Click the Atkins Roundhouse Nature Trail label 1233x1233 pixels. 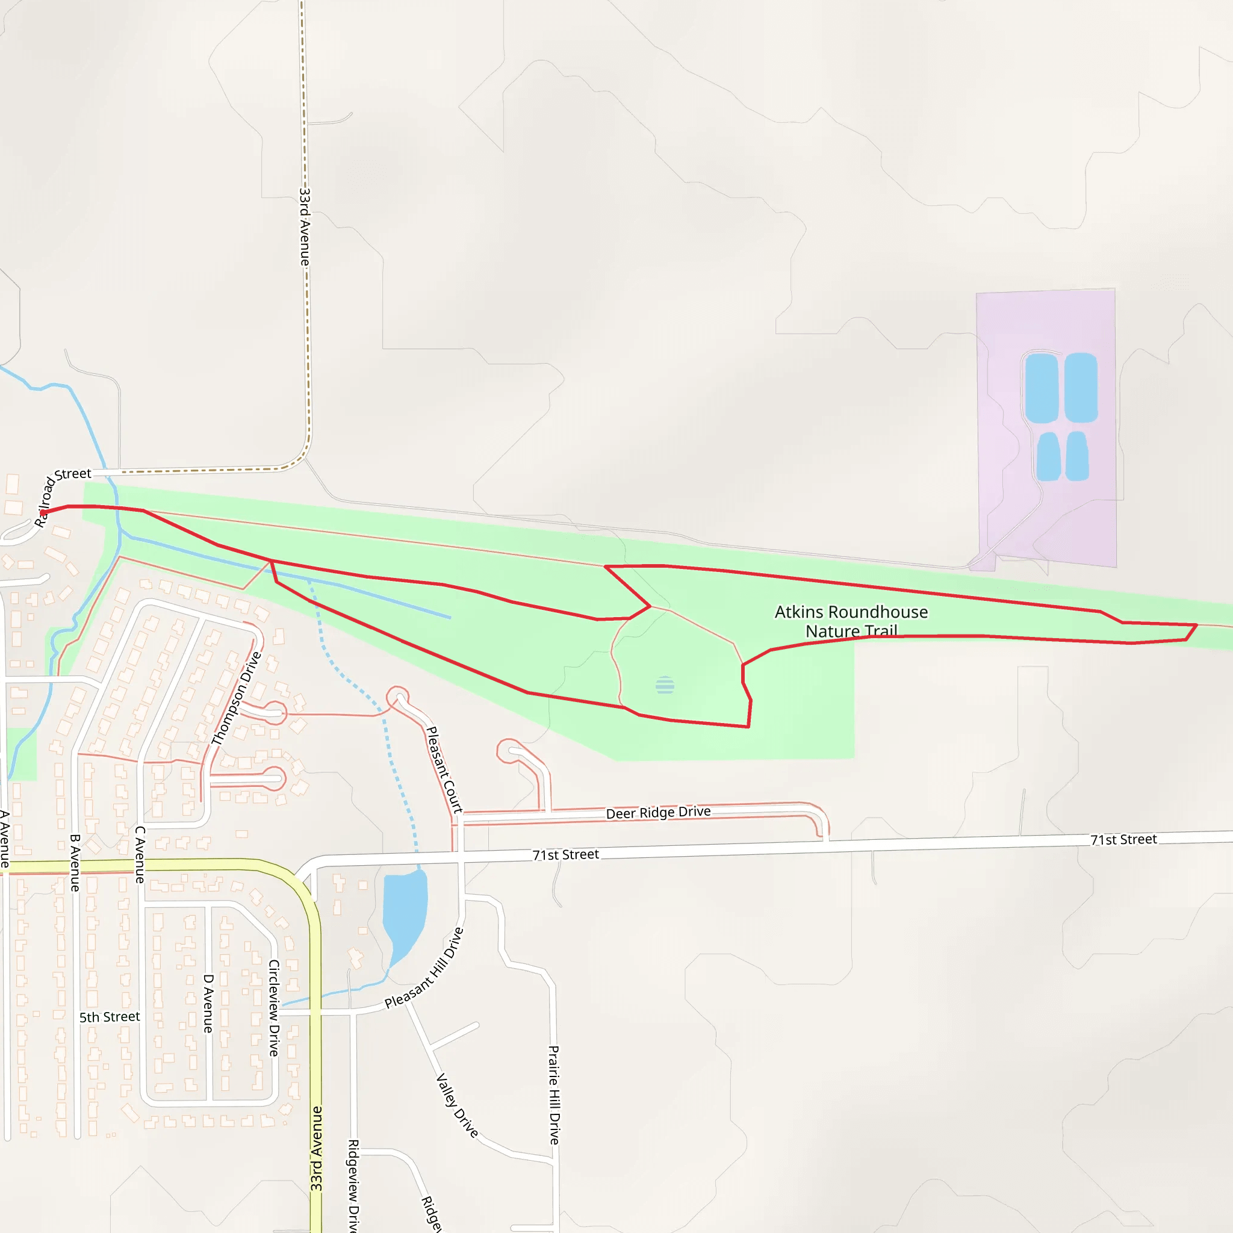point(851,621)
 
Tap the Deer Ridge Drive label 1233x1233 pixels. point(658,812)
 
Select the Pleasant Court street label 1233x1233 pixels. point(444,769)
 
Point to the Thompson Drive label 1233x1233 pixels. point(236,699)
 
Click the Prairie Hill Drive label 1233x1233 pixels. point(554,1095)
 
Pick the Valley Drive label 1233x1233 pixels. point(457,1106)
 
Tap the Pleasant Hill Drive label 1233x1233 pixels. point(424,969)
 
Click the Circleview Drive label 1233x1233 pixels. point(274,1008)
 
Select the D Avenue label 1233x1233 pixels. point(208,1003)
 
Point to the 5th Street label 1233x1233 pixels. point(109,1017)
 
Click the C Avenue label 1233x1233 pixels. point(140,854)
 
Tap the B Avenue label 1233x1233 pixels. point(75,863)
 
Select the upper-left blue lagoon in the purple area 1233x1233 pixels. point(1042,387)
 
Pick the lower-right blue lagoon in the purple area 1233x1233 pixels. point(1076,456)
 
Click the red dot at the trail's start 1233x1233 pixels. point(43,512)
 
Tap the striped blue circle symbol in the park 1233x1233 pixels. point(665,685)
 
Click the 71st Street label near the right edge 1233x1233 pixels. point(1123,840)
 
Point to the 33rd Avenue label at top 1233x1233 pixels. point(305,226)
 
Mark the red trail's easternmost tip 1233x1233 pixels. point(1196,626)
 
